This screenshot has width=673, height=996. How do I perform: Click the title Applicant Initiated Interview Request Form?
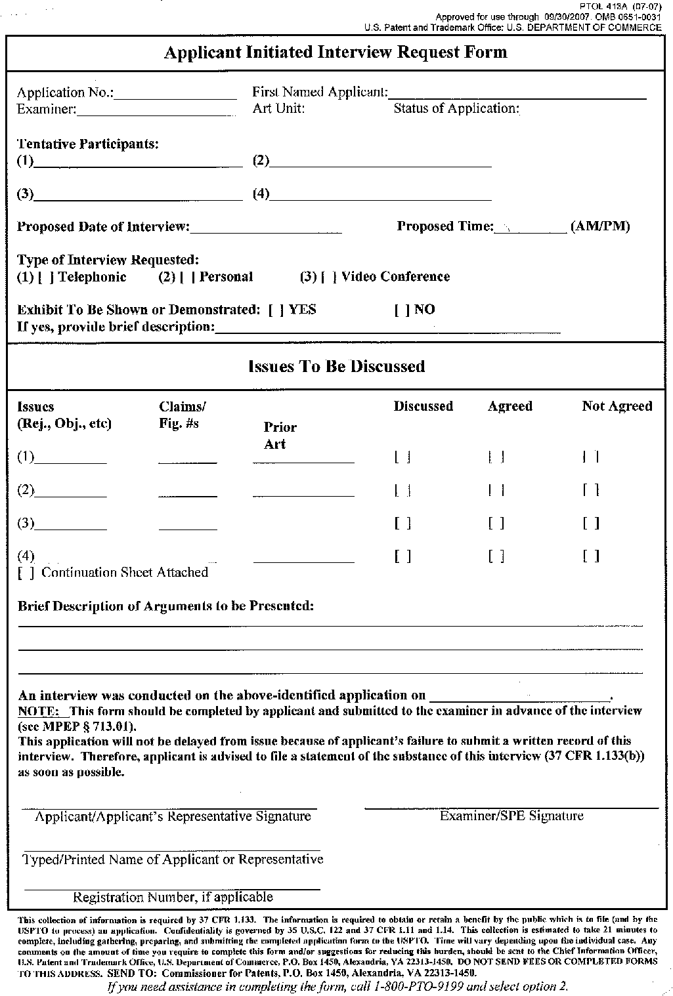point(336,52)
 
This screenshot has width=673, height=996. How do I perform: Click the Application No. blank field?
point(175,93)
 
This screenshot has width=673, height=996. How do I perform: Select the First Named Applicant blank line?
point(517,93)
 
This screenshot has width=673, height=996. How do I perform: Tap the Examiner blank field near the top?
point(155,110)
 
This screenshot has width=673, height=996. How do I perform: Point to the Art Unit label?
point(278,109)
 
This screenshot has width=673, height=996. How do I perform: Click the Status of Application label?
point(456,109)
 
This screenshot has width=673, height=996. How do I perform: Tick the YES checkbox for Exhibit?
point(276,310)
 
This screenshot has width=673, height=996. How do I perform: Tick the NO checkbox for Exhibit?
point(401,310)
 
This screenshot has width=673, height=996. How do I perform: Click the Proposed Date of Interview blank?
point(266,227)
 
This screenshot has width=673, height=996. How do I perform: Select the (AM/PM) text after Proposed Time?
point(600,227)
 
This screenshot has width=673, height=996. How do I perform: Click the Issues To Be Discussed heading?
point(336,367)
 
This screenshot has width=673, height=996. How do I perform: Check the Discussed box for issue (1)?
point(402,457)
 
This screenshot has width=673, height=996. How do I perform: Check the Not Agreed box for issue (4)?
point(590,557)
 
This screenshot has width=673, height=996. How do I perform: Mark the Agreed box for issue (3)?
point(496,524)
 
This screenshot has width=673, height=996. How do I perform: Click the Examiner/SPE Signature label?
point(511,816)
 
